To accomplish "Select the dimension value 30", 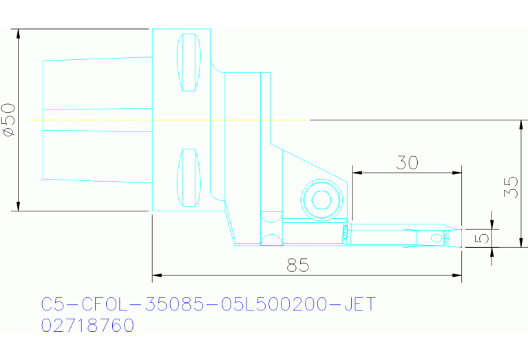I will pos(407,162).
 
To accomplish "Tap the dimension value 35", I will pos(510,184).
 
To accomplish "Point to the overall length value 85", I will pos(298,265).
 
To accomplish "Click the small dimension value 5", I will pos(484,237).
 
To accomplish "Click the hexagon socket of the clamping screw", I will pos(321,200).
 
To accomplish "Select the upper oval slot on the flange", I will pos(188,62).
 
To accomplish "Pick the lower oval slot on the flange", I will pos(188,177).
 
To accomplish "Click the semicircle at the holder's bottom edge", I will pos(271,240).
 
